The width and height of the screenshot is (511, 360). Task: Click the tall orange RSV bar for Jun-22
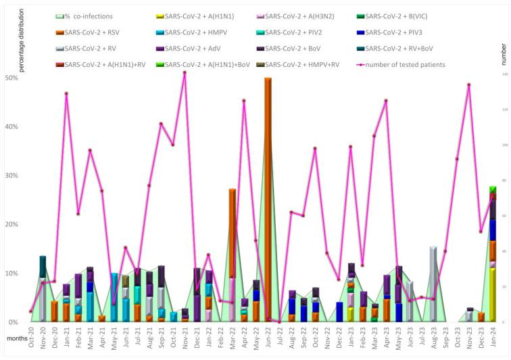click(x=268, y=203)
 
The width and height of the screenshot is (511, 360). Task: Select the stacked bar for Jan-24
click(x=493, y=257)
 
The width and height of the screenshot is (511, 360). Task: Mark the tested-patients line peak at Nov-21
click(x=185, y=72)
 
